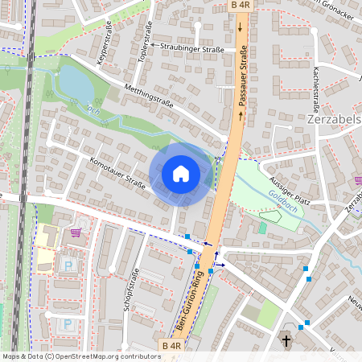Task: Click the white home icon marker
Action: point(181,173)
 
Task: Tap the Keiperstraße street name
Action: point(103,48)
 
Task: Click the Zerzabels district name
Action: point(334,119)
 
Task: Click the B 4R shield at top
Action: point(241,6)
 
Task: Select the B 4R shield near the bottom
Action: point(171,346)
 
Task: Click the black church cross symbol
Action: point(286,340)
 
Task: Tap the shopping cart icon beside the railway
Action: point(76,233)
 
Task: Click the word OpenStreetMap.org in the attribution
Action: point(105,356)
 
